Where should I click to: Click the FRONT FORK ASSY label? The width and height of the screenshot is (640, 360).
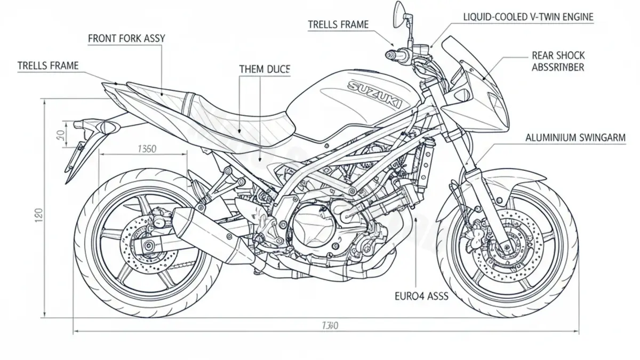click(126, 38)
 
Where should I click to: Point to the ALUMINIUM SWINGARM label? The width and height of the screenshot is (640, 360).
click(575, 138)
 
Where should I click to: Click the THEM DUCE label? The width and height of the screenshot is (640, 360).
click(265, 69)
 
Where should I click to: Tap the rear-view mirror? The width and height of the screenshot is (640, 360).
click(399, 13)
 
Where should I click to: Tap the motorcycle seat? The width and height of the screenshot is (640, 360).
click(224, 115)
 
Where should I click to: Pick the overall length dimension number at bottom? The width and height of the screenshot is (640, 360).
click(330, 325)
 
